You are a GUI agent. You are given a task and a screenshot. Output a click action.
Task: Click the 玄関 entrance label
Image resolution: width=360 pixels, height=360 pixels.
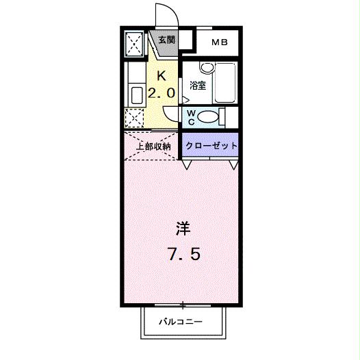(x=166, y=40)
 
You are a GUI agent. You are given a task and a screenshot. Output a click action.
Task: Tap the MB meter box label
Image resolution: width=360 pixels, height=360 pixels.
(x=219, y=43)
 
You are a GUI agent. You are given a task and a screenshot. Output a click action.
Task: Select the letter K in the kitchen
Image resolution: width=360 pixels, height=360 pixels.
(x=162, y=75)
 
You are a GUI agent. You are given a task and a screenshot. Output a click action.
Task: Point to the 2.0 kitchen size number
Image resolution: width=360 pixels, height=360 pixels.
(x=162, y=92)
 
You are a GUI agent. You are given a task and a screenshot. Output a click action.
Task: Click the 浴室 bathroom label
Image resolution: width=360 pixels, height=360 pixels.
(x=198, y=86)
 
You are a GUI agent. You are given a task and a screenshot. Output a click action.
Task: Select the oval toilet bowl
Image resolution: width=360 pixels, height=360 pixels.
(x=213, y=118)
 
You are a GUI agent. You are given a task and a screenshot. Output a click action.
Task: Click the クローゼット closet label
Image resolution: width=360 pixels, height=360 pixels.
(x=211, y=146)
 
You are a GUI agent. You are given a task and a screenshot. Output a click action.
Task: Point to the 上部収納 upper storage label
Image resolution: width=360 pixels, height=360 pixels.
(x=152, y=146)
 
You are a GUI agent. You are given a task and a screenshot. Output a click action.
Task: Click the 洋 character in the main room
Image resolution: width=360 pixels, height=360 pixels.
(x=183, y=227)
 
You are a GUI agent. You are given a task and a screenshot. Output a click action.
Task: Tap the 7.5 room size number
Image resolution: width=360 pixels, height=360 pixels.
(x=183, y=255)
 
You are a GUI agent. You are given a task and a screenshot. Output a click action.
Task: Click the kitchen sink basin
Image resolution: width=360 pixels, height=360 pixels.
(x=136, y=94)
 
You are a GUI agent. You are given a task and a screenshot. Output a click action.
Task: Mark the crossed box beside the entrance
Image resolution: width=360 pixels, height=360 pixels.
(x=134, y=45)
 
